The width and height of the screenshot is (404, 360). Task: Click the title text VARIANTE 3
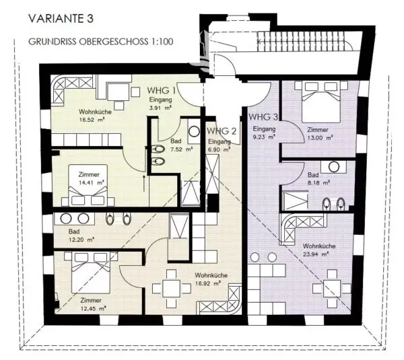click(x=61, y=19)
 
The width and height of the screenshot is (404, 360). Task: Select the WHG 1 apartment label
click(x=162, y=90)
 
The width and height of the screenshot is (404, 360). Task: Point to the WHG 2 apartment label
click(x=222, y=131)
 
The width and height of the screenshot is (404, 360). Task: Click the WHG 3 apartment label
click(x=263, y=117)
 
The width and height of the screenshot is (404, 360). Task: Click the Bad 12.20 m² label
click(x=81, y=236)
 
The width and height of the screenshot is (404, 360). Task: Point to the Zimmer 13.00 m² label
click(x=320, y=134)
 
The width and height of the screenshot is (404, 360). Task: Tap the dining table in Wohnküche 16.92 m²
click(x=172, y=289)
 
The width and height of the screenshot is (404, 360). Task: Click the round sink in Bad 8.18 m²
click(x=334, y=167)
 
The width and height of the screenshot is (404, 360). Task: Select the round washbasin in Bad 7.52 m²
click(x=194, y=131)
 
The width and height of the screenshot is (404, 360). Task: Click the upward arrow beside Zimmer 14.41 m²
click(x=144, y=184)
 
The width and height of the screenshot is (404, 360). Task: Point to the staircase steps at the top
click(x=305, y=40)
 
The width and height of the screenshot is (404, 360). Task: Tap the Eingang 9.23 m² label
click(x=264, y=133)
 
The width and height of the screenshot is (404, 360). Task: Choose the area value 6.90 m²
click(x=219, y=149)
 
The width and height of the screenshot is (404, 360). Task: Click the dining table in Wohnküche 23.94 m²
click(x=331, y=289)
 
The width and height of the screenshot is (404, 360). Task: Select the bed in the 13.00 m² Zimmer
click(x=321, y=102)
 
